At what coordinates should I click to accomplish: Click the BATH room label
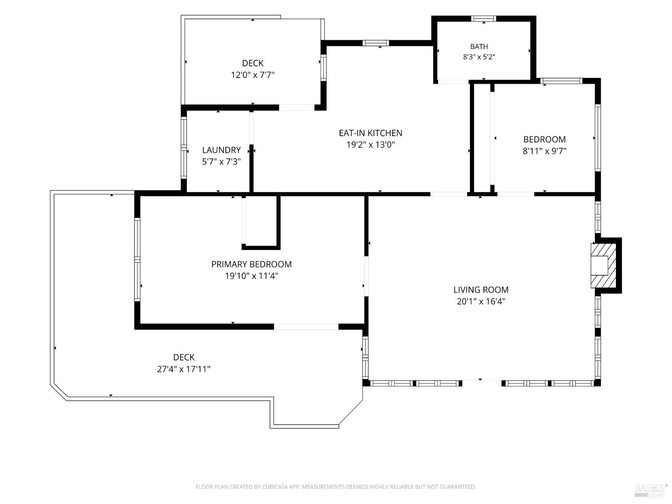pyautogui.click(x=479, y=47)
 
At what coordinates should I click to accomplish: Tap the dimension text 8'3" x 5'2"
pyautogui.click(x=479, y=57)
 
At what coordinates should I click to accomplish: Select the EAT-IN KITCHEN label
pyautogui.click(x=370, y=133)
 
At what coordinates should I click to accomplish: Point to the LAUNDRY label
pyautogui.click(x=221, y=150)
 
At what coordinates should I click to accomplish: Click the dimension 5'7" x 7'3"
pyautogui.click(x=221, y=162)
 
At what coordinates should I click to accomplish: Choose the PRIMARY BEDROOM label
pyautogui.click(x=251, y=264)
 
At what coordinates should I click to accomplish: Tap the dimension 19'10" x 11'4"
pyautogui.click(x=251, y=276)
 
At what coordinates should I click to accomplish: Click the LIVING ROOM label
pyautogui.click(x=481, y=290)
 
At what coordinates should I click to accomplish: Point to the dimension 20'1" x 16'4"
pyautogui.click(x=481, y=302)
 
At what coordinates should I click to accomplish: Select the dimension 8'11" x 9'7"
pyautogui.click(x=544, y=151)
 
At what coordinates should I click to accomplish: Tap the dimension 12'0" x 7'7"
pyautogui.click(x=253, y=75)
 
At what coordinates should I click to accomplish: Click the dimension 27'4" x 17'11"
pyautogui.click(x=184, y=369)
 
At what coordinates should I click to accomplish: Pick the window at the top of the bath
pyautogui.click(x=483, y=19)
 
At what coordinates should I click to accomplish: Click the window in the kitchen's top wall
pyautogui.click(x=375, y=43)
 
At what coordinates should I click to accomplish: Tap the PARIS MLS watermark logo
pyautogui.click(x=650, y=491)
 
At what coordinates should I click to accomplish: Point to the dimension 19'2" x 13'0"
pyautogui.click(x=370, y=145)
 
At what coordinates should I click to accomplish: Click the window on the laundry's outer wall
pyautogui.click(x=183, y=148)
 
